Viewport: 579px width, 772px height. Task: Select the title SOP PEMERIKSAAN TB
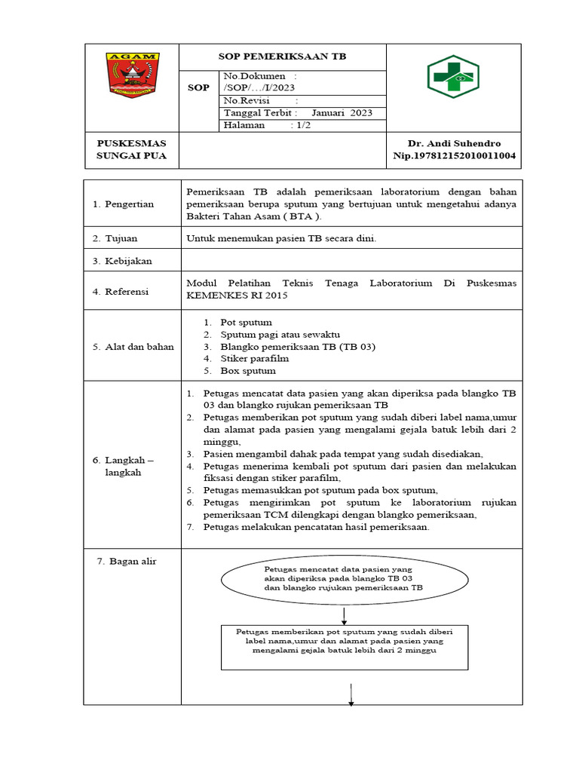283,57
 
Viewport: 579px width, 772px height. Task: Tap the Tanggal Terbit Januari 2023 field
302,113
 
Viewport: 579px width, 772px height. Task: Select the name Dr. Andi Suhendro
454,143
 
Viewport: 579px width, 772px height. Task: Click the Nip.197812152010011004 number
454,156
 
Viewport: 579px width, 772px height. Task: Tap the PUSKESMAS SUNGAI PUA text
132,149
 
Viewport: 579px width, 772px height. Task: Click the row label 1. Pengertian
123,204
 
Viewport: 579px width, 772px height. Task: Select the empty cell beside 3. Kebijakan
351,261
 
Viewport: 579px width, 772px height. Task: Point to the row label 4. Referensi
121,291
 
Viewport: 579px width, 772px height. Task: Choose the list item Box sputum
247,371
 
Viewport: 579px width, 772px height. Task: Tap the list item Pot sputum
246,323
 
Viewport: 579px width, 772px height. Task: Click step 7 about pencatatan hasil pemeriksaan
316,527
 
